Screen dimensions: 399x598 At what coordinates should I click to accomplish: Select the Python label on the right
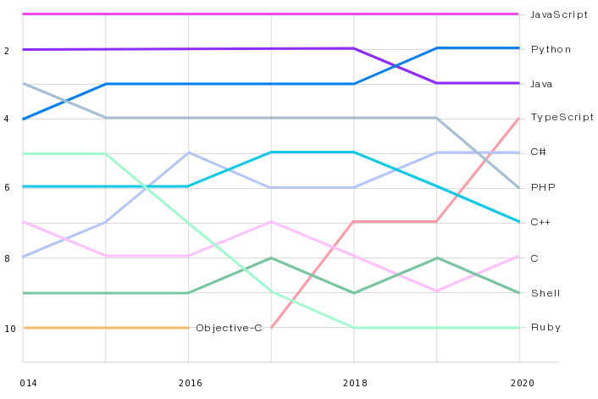pos(551,49)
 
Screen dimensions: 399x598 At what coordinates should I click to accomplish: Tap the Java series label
pos(543,84)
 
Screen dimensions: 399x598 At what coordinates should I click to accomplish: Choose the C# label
pos(538,152)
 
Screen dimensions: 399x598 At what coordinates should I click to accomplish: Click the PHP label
pos(542,187)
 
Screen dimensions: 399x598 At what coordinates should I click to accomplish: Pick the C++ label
pos(540,222)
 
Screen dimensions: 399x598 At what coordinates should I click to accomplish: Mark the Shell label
pos(545,293)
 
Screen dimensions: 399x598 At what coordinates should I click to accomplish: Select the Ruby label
pos(545,327)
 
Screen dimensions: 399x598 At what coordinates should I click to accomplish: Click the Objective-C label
pos(229,328)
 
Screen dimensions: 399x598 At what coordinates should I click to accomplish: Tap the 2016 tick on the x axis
pos(190,383)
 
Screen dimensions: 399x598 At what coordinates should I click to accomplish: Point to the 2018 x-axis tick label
pos(354,383)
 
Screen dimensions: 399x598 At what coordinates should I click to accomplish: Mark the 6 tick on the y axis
pos(7,188)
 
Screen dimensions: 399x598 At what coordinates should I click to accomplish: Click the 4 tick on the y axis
pos(7,119)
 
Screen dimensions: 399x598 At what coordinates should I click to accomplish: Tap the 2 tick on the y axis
pos(7,51)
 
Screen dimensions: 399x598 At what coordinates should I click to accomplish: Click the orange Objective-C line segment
pos(106,327)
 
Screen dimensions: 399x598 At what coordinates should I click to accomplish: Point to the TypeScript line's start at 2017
pos(272,327)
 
